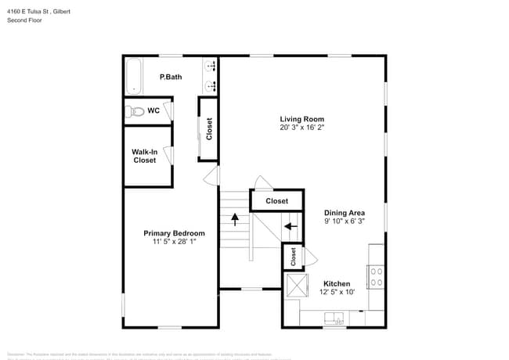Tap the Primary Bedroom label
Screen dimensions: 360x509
coord(174,233)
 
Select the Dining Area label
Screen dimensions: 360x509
coord(345,212)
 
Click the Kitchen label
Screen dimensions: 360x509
coord(337,283)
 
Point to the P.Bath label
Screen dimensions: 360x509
coord(171,77)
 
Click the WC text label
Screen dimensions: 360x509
coord(154,111)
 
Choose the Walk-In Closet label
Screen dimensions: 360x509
coord(144,156)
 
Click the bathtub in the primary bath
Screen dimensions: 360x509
coord(132,76)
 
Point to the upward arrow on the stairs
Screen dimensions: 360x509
coord(234,221)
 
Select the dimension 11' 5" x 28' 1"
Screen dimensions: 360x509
coord(174,243)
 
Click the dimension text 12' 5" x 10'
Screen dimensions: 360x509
coord(337,293)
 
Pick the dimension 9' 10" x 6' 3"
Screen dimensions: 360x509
coord(345,221)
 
